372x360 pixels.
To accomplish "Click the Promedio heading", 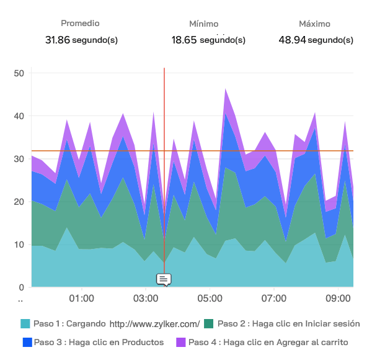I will [x=80, y=24].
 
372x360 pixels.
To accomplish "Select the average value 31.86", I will [x=58, y=40].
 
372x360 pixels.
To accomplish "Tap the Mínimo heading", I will [x=203, y=24].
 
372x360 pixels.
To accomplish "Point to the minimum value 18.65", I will [x=184, y=40].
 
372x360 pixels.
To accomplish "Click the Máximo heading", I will [x=314, y=24].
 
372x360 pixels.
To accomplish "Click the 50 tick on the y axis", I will [x=19, y=73].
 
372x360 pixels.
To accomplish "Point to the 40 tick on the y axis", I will [x=19, y=116].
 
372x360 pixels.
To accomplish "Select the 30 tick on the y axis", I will [x=19, y=159].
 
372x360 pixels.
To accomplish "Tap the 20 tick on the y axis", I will [x=19, y=202].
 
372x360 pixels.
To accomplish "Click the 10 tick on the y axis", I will [x=19, y=245].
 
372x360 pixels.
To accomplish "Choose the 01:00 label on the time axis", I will [x=81, y=299].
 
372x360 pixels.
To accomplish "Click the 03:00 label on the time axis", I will [x=145, y=299].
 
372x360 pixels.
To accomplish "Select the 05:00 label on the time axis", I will [x=210, y=299].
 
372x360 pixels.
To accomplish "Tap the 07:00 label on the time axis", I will [x=273, y=299].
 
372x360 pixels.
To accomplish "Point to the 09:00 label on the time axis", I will [x=338, y=299].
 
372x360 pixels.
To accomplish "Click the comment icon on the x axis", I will [x=164, y=279].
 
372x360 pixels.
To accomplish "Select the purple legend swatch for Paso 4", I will [x=181, y=342].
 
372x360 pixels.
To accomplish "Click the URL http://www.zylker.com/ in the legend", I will [x=154, y=324].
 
